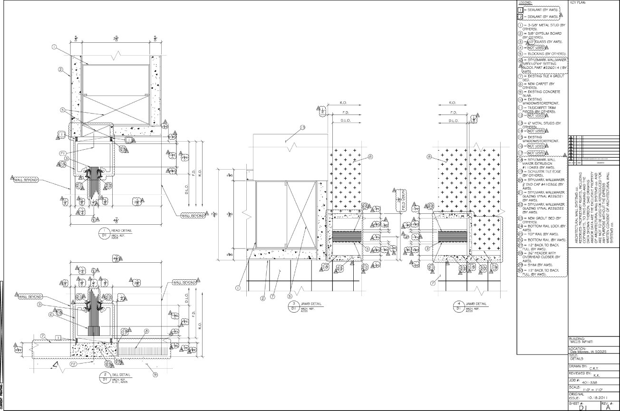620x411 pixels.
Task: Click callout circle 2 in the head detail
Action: [x=61, y=69]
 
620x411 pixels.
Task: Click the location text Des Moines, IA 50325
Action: [x=588, y=352]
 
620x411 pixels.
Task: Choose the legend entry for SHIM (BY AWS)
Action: [x=537, y=264]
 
